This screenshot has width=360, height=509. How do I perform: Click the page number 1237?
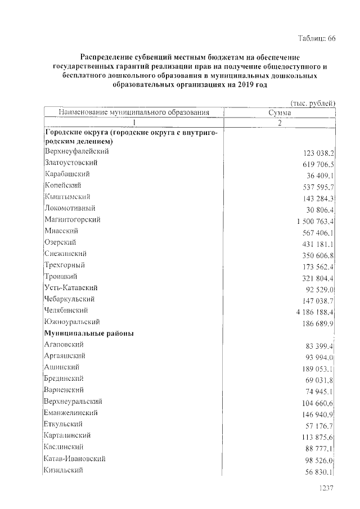click(x=327, y=489)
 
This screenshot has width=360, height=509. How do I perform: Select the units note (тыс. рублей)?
click(x=313, y=103)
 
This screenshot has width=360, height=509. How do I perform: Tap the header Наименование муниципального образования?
click(x=134, y=112)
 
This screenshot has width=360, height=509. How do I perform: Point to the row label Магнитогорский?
click(x=72, y=219)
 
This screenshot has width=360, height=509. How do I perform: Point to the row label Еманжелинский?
click(x=70, y=413)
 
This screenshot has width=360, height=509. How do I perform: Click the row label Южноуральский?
click(x=71, y=322)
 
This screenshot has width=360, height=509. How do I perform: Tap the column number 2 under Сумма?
click(x=280, y=123)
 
